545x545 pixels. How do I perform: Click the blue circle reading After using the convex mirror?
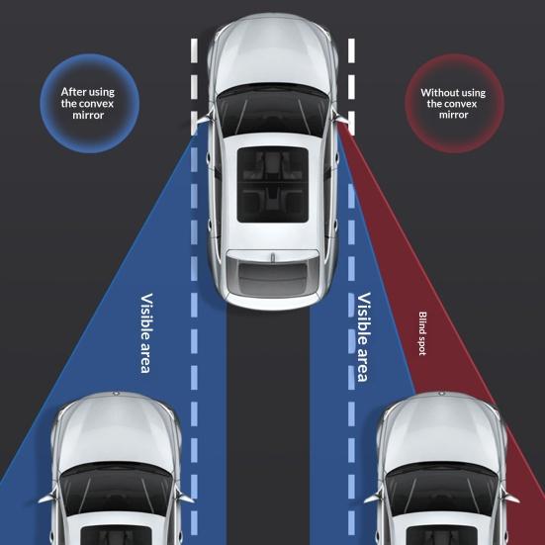tap(90, 103)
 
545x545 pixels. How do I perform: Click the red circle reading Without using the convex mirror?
tap(454, 103)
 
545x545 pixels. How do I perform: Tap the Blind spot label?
tap(422, 333)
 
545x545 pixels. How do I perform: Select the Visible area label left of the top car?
tap(146, 333)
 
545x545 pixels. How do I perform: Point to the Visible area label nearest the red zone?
tap(364, 337)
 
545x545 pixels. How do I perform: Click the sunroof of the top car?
tap(273, 184)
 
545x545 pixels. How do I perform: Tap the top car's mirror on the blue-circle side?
tap(203, 120)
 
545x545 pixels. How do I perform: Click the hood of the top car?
tap(273, 53)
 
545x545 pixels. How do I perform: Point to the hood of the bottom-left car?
tap(116, 431)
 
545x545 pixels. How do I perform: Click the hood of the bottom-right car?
tap(441, 431)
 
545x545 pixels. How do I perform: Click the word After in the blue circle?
tap(73, 92)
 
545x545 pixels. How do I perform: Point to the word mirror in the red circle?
tap(453, 115)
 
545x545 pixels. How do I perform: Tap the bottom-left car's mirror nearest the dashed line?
tap(184, 497)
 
